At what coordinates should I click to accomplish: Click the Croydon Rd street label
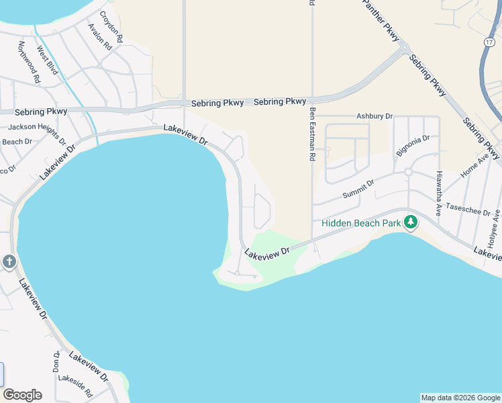[111, 28]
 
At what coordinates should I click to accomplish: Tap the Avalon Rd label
[99, 37]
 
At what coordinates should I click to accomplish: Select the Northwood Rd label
[30, 62]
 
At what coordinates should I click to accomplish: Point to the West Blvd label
[48, 60]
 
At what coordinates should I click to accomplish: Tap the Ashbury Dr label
[374, 116]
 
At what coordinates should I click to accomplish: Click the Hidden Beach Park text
[360, 223]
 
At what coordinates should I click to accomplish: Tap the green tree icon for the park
[410, 222]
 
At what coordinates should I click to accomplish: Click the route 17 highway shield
[489, 41]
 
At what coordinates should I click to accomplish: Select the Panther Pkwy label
[383, 20]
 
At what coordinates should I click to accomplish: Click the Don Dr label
[56, 361]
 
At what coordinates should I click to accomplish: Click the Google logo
[22, 395]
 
